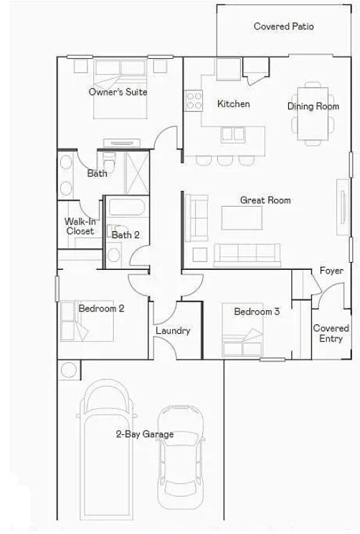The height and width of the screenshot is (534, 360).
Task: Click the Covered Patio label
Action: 283,27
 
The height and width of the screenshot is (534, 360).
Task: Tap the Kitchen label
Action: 233,103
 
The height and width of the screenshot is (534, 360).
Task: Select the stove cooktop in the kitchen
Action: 194,100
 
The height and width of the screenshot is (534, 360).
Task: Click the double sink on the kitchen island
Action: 233,134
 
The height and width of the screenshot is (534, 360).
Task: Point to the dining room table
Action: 313,113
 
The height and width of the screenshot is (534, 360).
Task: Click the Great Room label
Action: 265,200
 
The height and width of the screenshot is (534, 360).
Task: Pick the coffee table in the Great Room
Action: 242,218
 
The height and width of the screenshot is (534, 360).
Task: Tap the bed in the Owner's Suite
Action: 120,89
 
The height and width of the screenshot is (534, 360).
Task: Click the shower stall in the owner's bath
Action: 137,173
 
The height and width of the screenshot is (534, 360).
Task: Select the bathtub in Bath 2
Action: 127,207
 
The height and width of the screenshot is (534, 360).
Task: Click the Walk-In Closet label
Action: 80,226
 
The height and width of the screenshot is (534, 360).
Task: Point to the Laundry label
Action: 173,330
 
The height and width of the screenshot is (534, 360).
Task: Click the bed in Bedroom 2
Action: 87,321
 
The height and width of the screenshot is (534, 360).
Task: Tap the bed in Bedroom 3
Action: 242,329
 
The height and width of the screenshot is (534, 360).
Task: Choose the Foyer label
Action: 331,271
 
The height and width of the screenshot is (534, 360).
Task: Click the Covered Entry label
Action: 331,334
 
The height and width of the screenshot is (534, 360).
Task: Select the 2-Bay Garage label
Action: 145,434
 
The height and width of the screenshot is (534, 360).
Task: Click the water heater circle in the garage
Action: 69,370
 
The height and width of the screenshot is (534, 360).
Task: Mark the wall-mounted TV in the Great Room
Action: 343,207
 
